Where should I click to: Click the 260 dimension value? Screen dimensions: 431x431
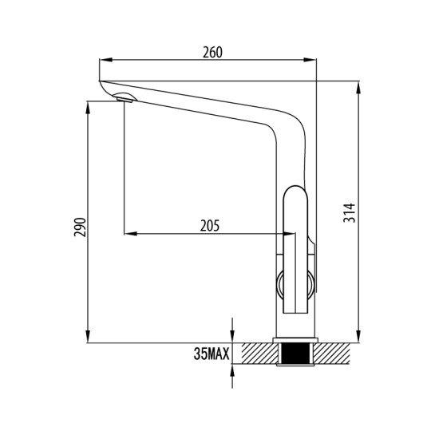click(x=212, y=53)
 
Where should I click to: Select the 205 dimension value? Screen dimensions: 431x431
click(x=210, y=226)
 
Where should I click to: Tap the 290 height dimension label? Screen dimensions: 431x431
click(x=81, y=227)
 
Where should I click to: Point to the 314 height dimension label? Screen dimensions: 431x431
click(x=350, y=213)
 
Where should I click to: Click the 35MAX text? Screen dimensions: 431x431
click(x=211, y=354)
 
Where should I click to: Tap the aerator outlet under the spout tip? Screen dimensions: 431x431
click(x=125, y=100)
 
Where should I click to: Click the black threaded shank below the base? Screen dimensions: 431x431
click(x=295, y=354)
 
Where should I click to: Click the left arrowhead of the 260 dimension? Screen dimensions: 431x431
click(x=106, y=60)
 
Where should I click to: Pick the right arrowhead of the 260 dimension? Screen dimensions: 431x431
click(x=310, y=60)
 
